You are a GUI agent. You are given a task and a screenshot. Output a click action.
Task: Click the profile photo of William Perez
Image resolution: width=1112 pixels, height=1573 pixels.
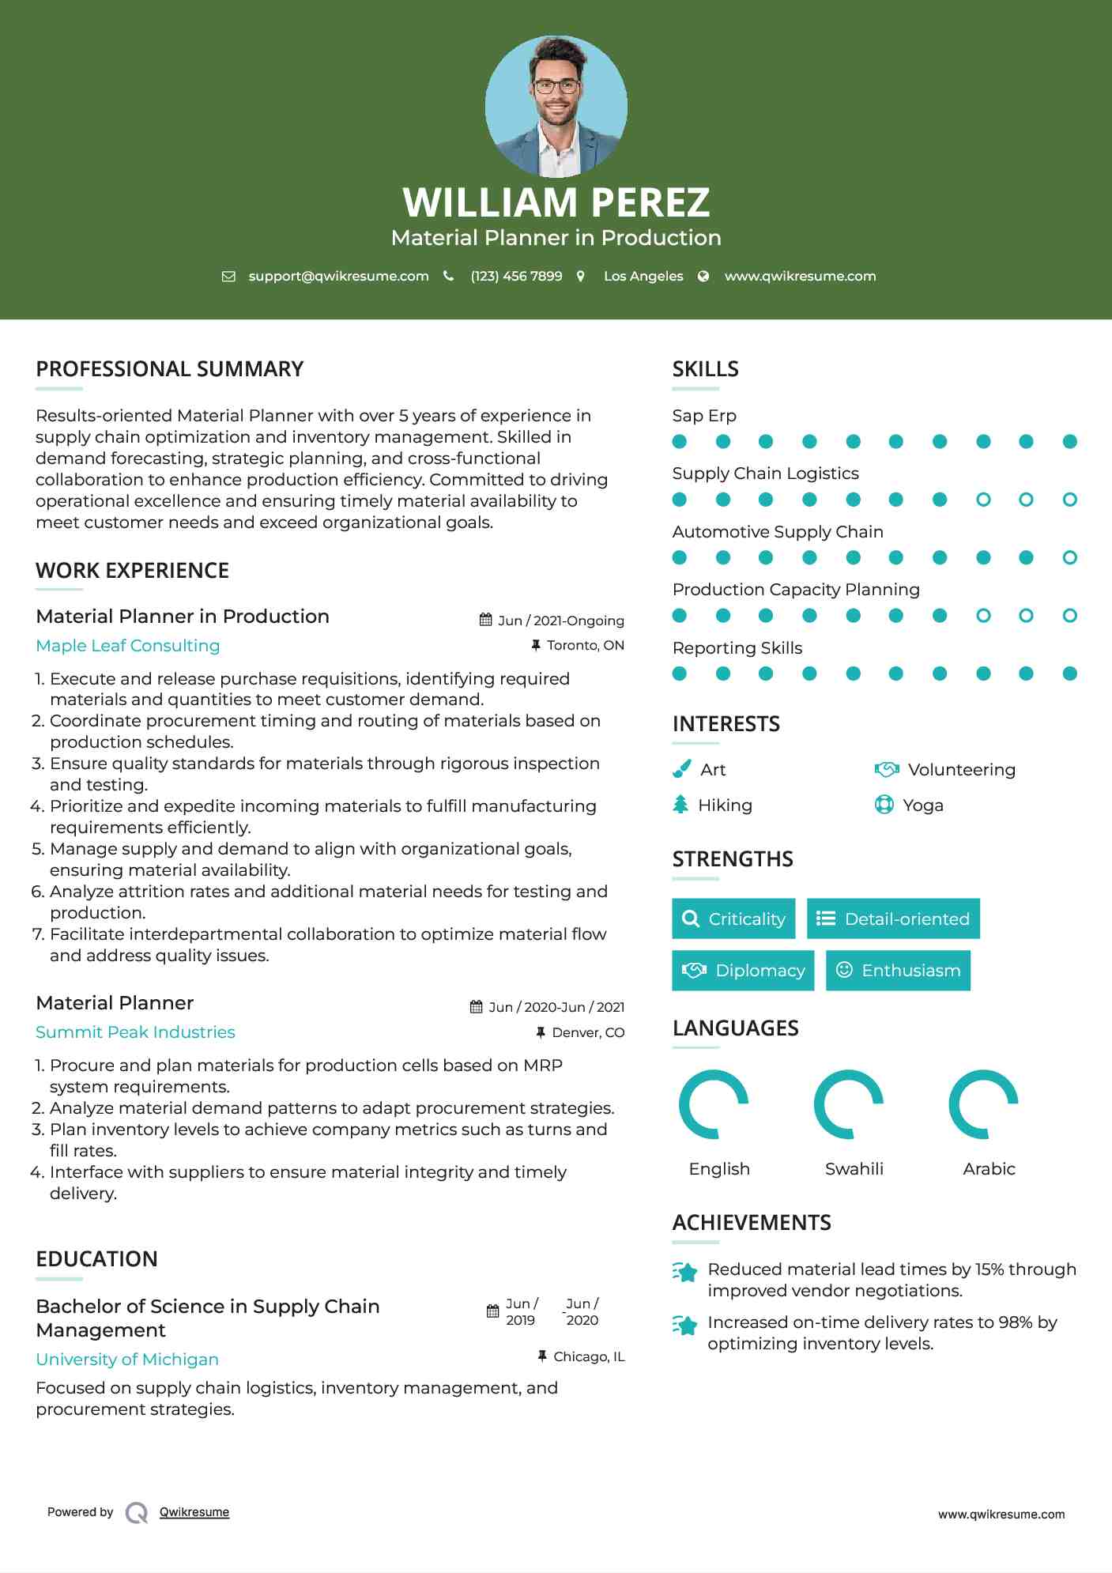coord(556,106)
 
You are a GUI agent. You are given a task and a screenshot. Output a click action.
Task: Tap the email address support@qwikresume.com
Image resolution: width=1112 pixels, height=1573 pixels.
coord(338,276)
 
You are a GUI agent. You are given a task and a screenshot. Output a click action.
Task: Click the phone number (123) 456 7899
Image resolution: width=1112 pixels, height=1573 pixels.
coord(516,276)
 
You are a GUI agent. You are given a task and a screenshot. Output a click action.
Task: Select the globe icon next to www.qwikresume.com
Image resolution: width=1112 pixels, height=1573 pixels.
coord(703,276)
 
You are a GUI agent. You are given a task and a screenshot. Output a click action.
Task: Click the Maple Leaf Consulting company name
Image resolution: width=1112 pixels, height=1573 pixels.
coord(128,646)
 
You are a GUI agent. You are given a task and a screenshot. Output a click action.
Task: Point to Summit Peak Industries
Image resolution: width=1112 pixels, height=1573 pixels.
coord(135,1032)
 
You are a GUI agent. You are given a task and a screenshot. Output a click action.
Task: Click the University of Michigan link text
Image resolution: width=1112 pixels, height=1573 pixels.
coord(127,1360)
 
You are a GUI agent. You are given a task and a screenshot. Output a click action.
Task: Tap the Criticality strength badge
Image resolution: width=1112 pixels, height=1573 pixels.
coord(733,919)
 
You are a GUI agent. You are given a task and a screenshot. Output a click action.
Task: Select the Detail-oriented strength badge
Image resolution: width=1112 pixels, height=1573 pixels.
coord(893,919)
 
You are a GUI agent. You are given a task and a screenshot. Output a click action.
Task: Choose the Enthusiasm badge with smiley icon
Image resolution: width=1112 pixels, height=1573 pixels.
coord(898,971)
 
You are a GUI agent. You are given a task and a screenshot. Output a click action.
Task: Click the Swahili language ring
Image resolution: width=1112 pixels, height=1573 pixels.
coord(849,1104)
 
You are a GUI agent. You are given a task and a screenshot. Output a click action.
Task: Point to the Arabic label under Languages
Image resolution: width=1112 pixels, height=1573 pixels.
coord(989,1169)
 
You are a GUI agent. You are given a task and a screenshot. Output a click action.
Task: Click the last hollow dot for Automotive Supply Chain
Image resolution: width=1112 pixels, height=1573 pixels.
coord(1070,558)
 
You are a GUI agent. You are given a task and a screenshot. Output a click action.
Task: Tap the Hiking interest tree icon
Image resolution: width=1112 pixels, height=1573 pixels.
coord(680,805)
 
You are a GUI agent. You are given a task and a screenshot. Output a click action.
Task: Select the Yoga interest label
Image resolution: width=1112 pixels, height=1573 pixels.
coord(923,805)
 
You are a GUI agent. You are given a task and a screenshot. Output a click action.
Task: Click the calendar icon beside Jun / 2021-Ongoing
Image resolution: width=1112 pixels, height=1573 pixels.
coord(486,620)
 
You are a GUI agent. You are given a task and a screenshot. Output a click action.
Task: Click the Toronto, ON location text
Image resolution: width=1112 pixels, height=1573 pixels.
coord(585,646)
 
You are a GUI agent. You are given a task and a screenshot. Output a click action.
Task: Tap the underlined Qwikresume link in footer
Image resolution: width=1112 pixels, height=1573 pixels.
coord(194,1512)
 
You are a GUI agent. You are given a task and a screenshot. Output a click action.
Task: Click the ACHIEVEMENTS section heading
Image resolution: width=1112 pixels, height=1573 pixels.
coord(752,1223)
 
